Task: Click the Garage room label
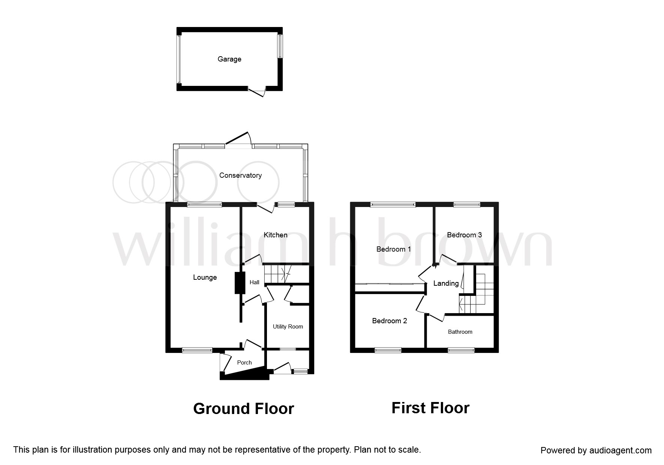click(229, 59)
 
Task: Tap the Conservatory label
click(240, 175)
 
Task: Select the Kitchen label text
click(276, 235)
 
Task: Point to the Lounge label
click(205, 277)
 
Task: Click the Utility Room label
click(288, 327)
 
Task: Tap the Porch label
click(244, 363)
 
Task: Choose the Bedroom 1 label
click(394, 249)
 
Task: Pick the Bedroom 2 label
click(389, 321)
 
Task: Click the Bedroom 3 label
click(464, 235)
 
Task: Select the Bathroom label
click(460, 332)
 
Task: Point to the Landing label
click(446, 283)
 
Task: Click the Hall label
click(254, 282)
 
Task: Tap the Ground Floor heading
click(243, 409)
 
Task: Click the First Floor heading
click(430, 408)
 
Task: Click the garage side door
click(257, 91)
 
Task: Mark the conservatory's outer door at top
click(238, 139)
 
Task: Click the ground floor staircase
click(278, 274)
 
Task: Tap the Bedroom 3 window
click(466, 204)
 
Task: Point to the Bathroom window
click(461, 350)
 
